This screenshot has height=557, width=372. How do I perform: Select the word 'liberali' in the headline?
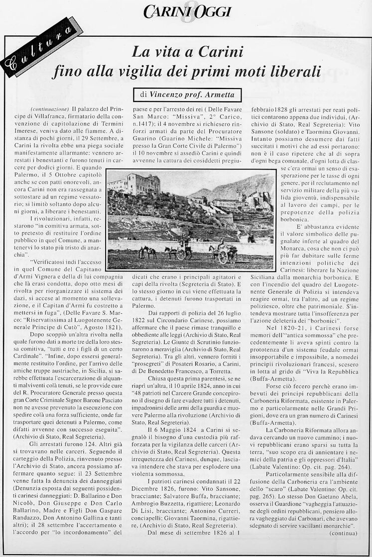[x=293, y=72]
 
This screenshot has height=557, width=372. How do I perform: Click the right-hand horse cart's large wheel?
[x=223, y=257]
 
